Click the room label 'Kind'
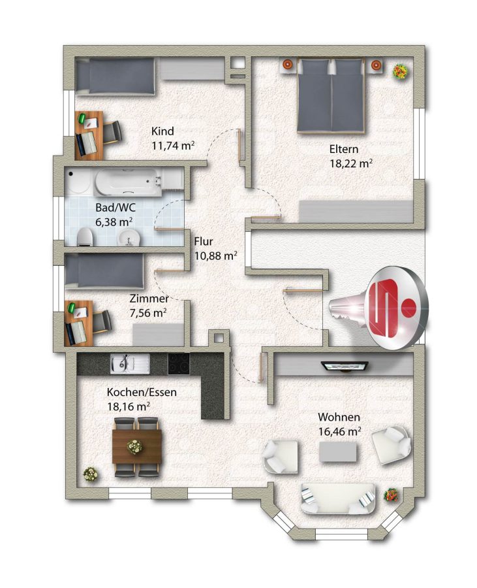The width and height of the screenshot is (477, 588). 162,131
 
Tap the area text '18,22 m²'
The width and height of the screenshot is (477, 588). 351,163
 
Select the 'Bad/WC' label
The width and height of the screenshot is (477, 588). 115,207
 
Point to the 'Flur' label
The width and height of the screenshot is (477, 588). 204,242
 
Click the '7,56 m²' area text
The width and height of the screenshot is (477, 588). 148,313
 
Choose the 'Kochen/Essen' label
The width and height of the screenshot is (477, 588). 142,392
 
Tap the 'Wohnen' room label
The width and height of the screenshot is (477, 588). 339,417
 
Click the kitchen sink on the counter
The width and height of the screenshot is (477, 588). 130,364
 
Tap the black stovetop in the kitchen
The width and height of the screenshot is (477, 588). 179,364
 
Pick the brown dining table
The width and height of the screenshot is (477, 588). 137,447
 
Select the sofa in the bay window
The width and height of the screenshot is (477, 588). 337,498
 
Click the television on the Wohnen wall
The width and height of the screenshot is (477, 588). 345,366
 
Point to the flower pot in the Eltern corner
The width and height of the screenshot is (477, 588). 400,71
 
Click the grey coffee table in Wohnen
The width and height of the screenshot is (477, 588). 337,451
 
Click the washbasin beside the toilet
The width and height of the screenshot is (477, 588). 129,238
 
